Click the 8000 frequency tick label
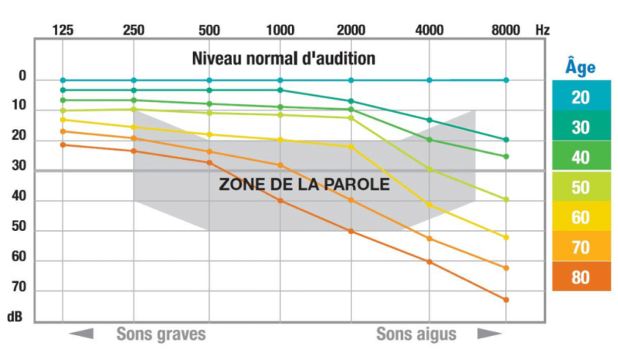point(506,29)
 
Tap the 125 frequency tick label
point(63,29)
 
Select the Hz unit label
point(542,29)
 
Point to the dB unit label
point(15,317)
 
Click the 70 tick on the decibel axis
point(18,287)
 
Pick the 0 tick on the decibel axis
point(22,77)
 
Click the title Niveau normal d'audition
point(284,58)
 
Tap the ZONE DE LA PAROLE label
point(304,186)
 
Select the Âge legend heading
point(580,67)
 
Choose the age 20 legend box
point(581,97)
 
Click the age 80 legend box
point(581,277)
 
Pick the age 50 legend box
point(581,187)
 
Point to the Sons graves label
point(161,335)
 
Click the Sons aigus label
point(416,335)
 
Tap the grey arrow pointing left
point(82,334)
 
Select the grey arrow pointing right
point(489,334)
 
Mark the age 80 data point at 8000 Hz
point(506,300)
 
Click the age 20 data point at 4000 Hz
point(430,80)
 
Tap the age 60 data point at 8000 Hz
point(506,237)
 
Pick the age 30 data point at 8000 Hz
point(506,140)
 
